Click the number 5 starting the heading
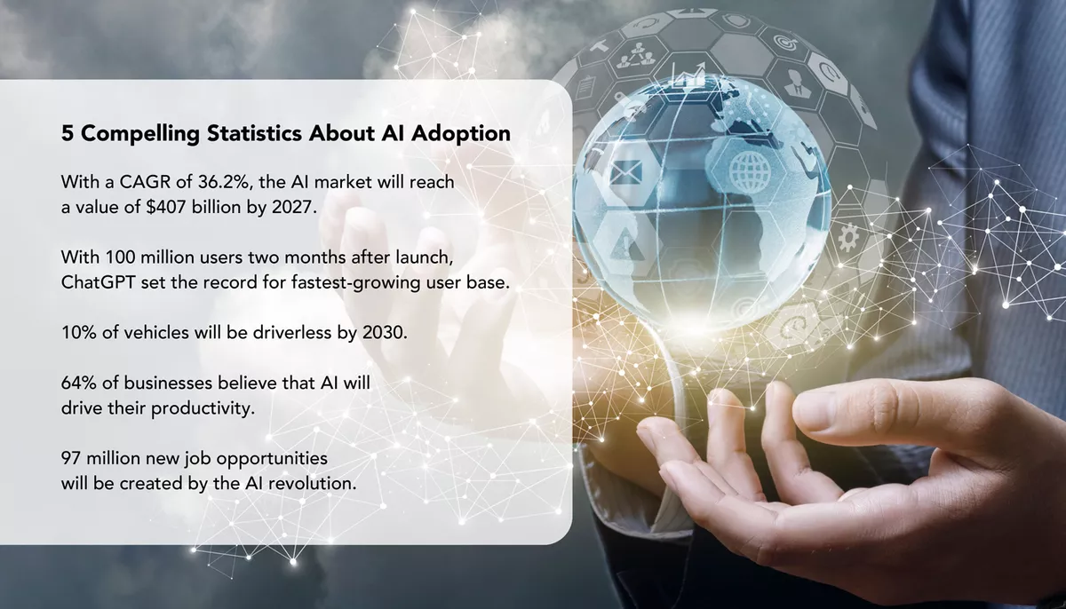point(68,134)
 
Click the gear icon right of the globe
point(847,236)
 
